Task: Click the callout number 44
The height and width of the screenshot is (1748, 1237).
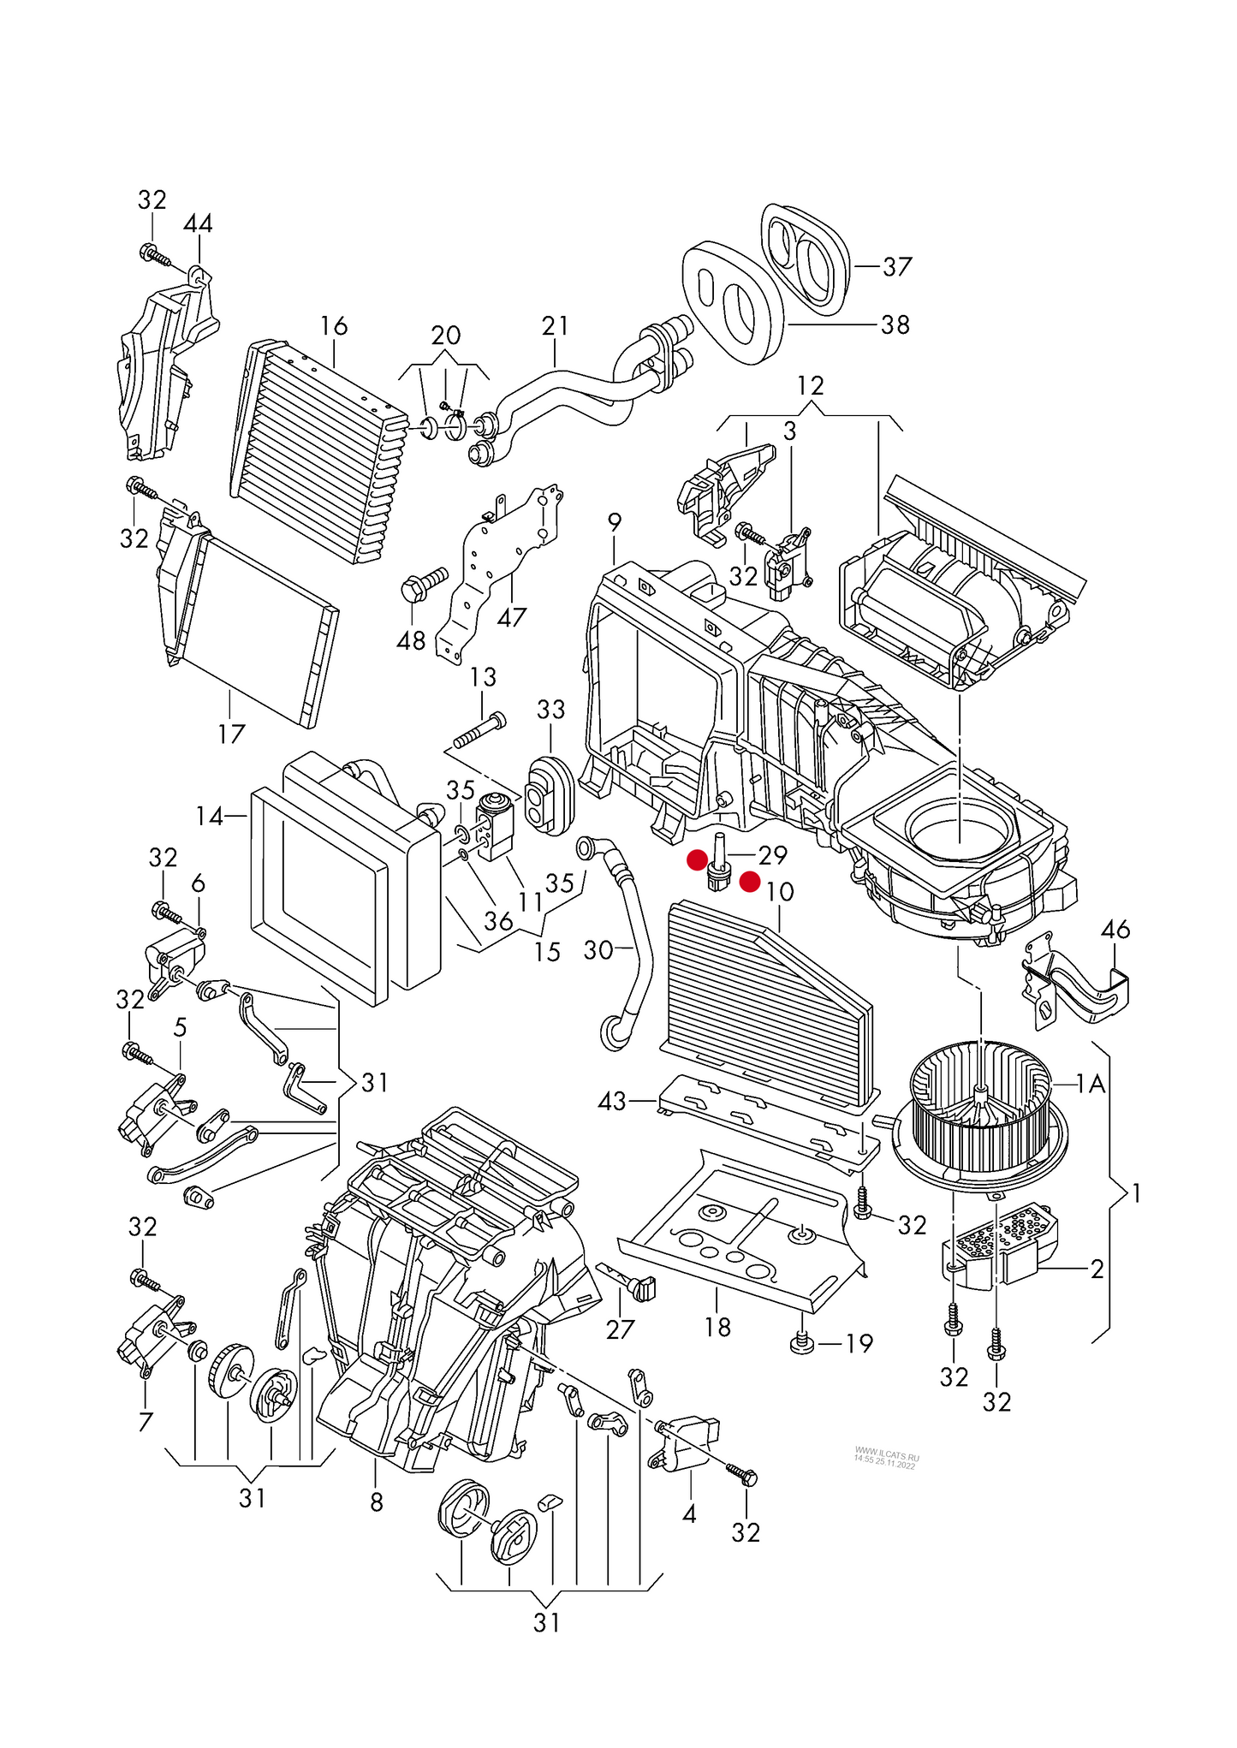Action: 198,224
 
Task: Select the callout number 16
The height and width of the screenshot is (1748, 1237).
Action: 334,326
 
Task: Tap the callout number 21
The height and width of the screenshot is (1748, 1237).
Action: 555,326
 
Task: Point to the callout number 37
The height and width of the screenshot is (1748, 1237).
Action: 897,267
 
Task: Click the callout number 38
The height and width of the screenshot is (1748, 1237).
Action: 895,325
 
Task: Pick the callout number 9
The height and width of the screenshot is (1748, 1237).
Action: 614,522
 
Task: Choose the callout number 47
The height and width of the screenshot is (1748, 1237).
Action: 511,617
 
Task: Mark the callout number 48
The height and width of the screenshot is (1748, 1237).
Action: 411,640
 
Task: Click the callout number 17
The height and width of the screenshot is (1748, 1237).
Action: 231,734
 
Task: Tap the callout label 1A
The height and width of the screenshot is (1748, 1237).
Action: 1091,1085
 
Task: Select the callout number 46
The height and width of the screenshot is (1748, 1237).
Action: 1115,929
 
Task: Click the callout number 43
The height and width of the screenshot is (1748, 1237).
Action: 612,1101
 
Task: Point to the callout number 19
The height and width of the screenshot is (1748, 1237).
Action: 859,1344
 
